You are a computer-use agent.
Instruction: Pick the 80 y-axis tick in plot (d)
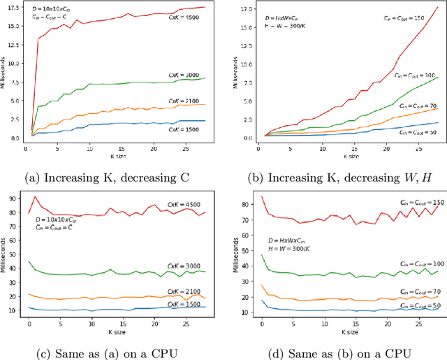244,205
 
